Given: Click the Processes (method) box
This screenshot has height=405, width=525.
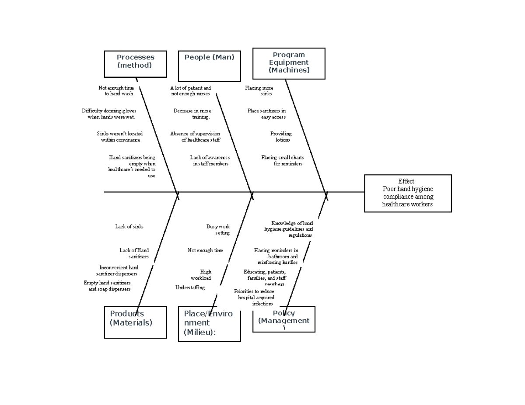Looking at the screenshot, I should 135,64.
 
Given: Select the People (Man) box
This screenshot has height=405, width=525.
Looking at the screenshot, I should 209,66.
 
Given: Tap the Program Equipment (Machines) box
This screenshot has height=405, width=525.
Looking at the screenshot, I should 289,63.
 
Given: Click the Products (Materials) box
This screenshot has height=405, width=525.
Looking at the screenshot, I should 135,322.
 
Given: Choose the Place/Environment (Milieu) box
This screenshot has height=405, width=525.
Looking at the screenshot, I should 209,323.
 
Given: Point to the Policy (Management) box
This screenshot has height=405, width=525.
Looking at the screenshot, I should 283,319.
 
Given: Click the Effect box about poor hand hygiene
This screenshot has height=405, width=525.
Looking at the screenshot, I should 407,193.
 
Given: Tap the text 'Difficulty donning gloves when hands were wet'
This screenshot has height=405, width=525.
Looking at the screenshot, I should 109,114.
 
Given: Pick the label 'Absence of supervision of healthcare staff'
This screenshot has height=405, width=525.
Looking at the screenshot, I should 195,137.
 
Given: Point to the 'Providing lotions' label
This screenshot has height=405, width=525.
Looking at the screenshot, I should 281,137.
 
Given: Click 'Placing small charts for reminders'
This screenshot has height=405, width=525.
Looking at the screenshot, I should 283,160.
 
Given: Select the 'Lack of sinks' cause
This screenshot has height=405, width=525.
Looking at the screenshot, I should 129,226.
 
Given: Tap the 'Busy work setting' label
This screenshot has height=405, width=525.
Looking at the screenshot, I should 218,229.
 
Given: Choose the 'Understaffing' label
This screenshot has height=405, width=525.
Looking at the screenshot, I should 190,287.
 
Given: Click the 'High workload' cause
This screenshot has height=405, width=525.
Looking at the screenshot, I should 201,275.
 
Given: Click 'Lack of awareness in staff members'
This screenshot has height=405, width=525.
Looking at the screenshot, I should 210,160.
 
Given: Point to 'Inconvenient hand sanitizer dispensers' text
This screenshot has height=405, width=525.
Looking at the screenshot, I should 118,270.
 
